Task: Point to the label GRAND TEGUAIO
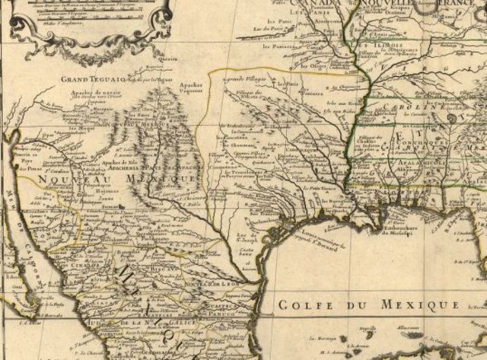point(88,78)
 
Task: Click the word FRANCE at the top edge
point(457,5)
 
